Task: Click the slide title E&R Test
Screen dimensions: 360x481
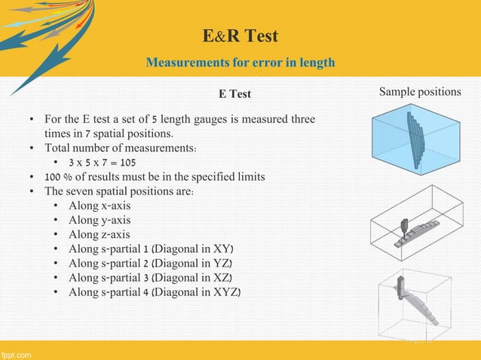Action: (240, 36)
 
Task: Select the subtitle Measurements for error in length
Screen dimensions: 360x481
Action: (240, 63)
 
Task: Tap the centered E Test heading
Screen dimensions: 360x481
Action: (234, 94)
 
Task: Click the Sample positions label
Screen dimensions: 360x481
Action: (420, 92)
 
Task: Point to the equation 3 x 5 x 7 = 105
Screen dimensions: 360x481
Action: (104, 162)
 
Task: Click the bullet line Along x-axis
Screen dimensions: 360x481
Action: (99, 205)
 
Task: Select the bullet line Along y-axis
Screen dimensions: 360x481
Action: (99, 220)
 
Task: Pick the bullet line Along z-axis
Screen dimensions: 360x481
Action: (99, 234)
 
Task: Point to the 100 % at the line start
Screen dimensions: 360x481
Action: (58, 176)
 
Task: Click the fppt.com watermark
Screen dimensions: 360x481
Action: (17, 353)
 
